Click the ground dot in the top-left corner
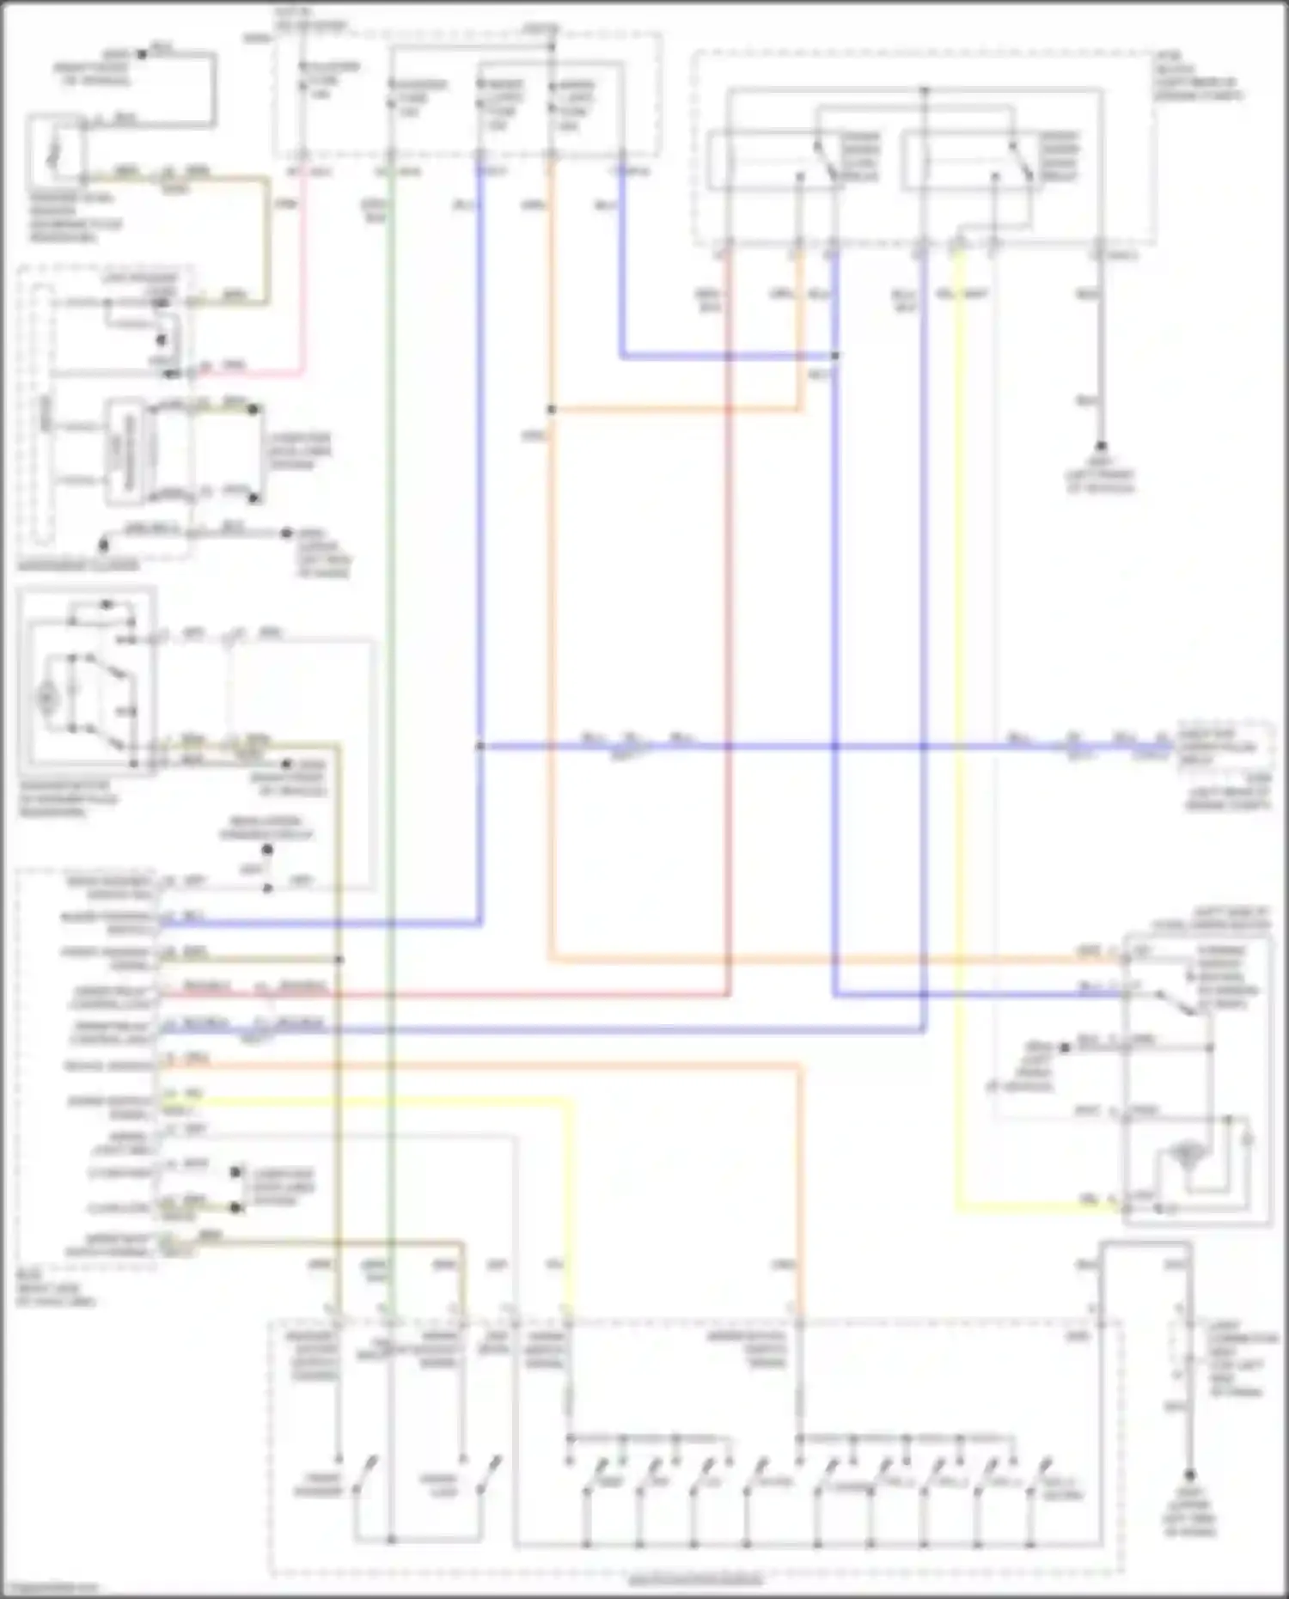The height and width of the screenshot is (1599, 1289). click(143, 54)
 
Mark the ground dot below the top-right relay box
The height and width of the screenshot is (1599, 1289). click(1101, 446)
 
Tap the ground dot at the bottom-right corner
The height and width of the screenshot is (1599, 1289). click(1189, 1474)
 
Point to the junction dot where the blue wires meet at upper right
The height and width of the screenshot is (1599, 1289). click(834, 355)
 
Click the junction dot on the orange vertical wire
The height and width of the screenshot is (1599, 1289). click(551, 410)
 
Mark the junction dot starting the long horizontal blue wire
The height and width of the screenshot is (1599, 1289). click(480, 746)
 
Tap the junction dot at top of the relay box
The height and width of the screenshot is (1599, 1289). click(924, 89)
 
